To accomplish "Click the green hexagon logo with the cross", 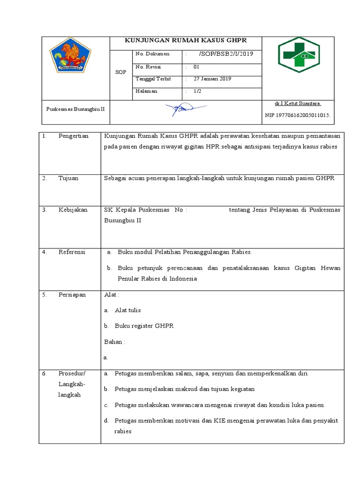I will (299, 55).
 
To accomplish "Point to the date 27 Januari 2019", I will (212, 79).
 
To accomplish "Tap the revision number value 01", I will (196, 67).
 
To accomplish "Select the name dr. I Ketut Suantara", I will (298, 103).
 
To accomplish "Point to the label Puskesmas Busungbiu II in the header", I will (75, 109).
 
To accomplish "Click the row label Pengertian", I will (73, 136).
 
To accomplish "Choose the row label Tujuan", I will (68, 179).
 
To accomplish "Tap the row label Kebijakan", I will (73, 210).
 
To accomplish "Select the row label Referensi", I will (72, 252).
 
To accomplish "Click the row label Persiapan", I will (72, 295).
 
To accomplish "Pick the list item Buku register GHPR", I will (144, 326).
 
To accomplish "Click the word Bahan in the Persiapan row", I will (114, 342).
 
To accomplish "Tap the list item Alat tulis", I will (127, 310).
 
